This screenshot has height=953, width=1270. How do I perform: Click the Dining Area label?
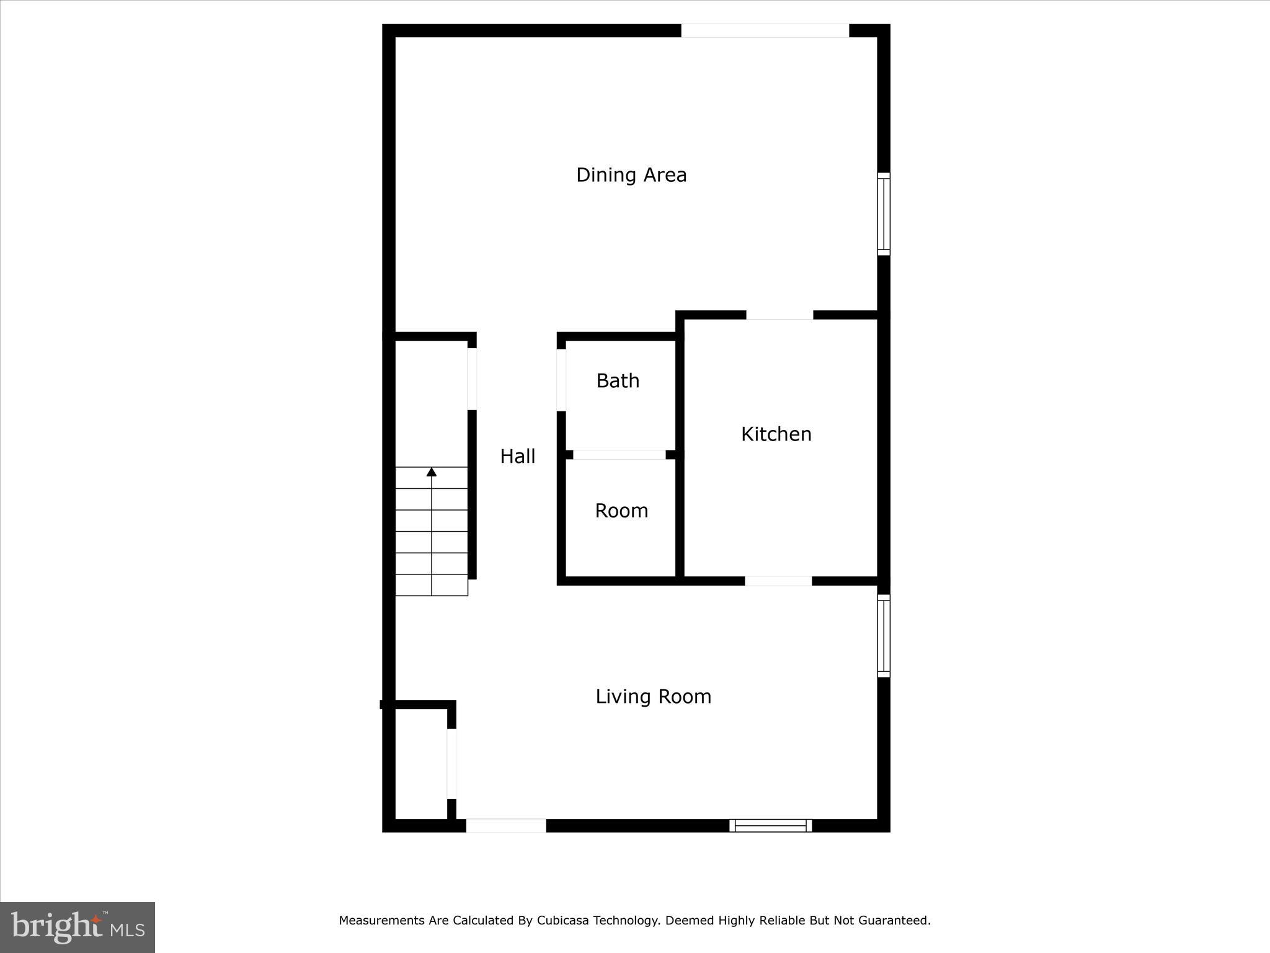click(x=631, y=175)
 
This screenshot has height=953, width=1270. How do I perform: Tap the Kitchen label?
click(x=776, y=434)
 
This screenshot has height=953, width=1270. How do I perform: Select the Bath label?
click(x=618, y=381)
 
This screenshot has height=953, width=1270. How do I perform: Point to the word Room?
click(x=621, y=511)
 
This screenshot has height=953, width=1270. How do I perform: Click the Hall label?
click(x=518, y=457)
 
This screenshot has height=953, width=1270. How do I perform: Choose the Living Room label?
click(x=653, y=697)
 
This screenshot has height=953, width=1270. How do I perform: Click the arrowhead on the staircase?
click(x=432, y=472)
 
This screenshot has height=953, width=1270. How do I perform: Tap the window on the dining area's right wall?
click(x=884, y=214)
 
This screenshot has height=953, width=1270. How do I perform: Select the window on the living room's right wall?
click(x=884, y=635)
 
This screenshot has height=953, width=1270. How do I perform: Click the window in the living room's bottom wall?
click(x=770, y=825)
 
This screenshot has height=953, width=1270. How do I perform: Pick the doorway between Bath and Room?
click(x=619, y=455)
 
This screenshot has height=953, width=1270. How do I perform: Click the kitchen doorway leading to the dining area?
click(x=779, y=315)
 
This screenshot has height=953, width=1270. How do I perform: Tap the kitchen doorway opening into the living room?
click(x=778, y=581)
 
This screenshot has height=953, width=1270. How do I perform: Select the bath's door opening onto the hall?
click(x=561, y=380)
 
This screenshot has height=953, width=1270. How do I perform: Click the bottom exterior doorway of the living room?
click(x=506, y=825)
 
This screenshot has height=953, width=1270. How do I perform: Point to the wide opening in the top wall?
click(x=765, y=30)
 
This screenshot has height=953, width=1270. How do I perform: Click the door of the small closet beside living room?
click(x=451, y=764)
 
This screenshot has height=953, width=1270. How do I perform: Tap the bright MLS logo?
click(x=78, y=927)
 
